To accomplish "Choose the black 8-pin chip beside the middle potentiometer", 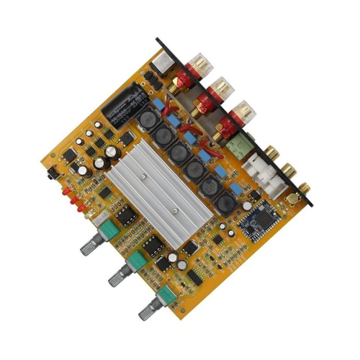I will (x=152, y=245).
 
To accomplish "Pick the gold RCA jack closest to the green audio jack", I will (x=273, y=152).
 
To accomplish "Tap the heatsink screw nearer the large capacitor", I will (x=144, y=175).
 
